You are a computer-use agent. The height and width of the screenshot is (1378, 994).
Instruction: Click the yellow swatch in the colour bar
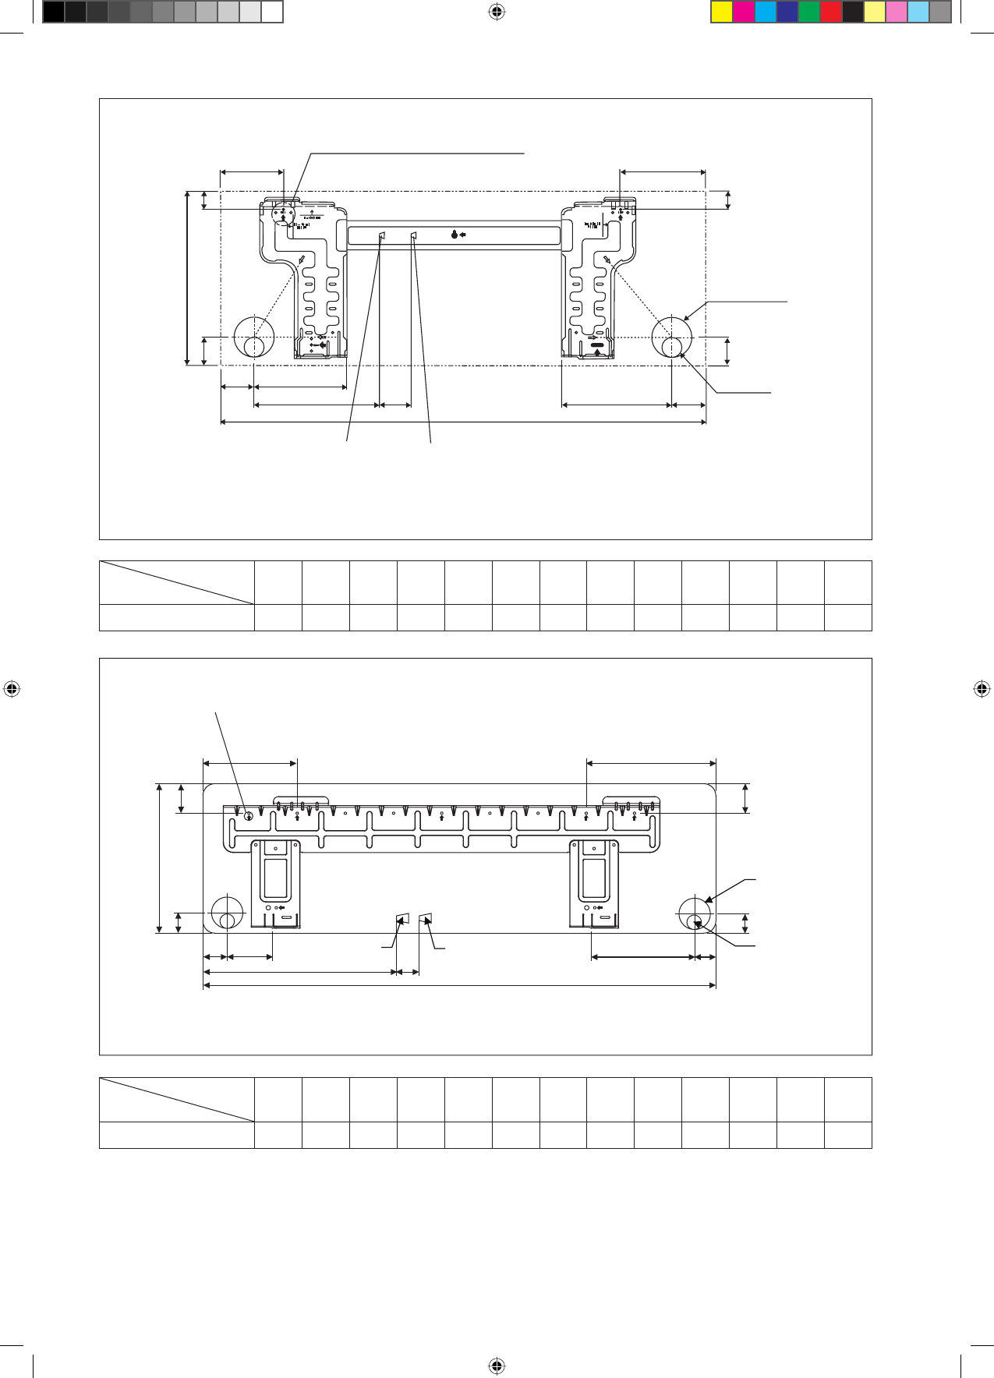(722, 12)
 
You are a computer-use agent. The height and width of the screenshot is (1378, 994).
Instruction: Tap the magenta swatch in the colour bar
(744, 12)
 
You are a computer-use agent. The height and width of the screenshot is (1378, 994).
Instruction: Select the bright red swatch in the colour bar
(831, 12)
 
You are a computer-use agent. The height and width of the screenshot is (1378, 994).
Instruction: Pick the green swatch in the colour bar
(809, 12)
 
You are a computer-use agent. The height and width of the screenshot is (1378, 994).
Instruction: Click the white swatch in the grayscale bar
(271, 12)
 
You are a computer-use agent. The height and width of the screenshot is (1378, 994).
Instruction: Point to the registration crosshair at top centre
(497, 12)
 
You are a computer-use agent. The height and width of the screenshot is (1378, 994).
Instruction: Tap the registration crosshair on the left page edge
(12, 689)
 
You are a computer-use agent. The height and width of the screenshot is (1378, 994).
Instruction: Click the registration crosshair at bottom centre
(497, 1366)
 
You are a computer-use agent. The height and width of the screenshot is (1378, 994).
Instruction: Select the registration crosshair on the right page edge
(982, 689)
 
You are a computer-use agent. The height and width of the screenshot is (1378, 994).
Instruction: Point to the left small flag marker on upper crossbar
(382, 235)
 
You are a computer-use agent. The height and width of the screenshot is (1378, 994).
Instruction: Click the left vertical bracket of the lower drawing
(275, 883)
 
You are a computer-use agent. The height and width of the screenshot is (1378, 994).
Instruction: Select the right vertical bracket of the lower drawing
(594, 883)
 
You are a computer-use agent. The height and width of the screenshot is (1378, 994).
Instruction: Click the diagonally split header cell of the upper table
(177, 582)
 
